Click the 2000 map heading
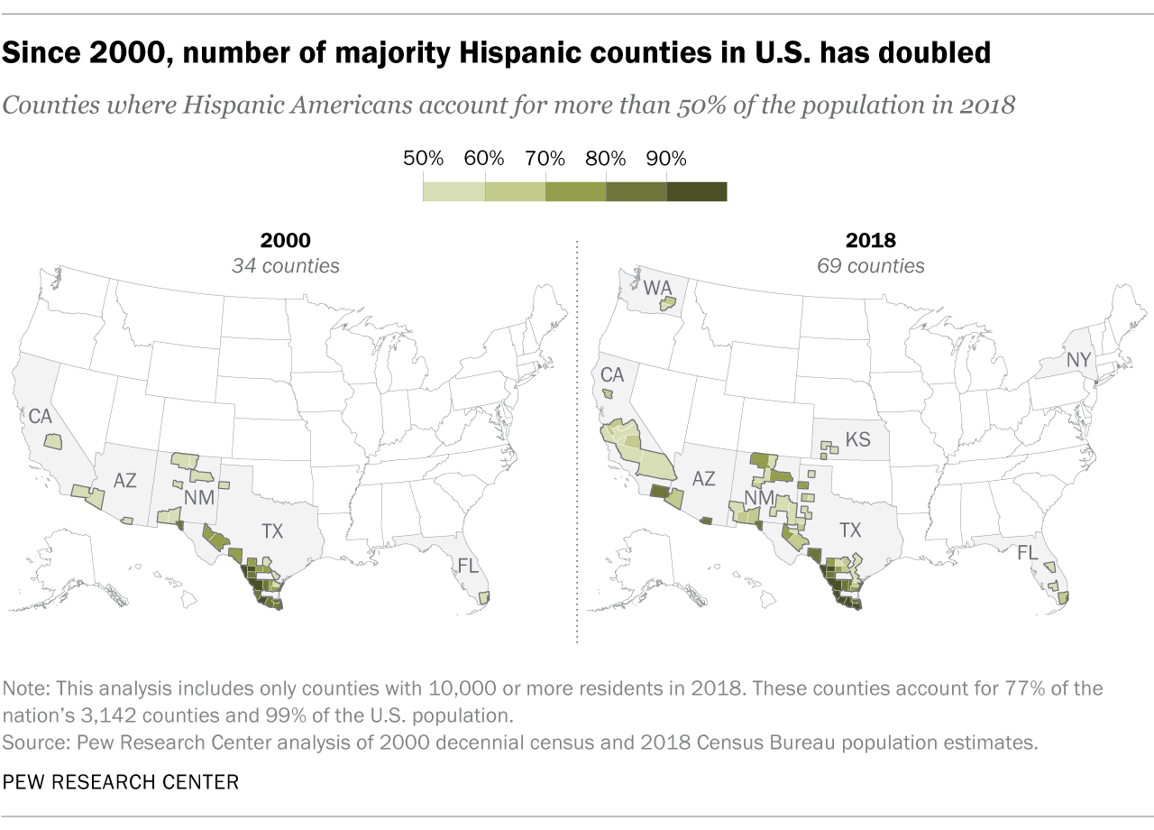[x=285, y=241]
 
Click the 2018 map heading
[x=870, y=241]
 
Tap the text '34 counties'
[x=285, y=266]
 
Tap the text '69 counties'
[x=870, y=266]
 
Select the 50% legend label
[x=423, y=159]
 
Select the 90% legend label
[x=666, y=159]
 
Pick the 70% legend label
[x=545, y=159]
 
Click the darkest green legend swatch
[x=697, y=191]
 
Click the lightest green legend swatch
[x=453, y=191]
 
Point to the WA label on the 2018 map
[x=657, y=289]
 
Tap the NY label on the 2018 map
[x=1078, y=360]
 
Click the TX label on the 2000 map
[x=271, y=531]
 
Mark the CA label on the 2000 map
[x=41, y=418]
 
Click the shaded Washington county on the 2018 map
[x=667, y=304]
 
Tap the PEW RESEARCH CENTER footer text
[x=121, y=781]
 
